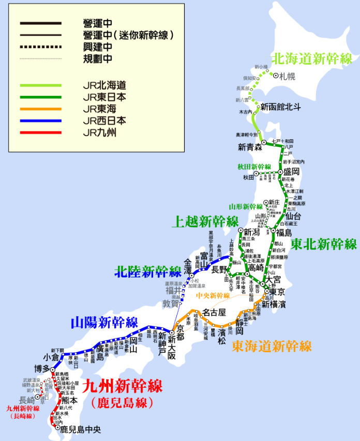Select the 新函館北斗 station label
coord(280,107)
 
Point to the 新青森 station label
coord(250,147)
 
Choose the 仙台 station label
coord(293,215)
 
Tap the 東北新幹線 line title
coord(324,244)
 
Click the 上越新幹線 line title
coord(205,222)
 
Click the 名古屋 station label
coord(214,312)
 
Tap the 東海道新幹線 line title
coord(272,346)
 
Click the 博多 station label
coord(42,369)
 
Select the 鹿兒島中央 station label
coord(80,429)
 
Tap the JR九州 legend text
coord(100,133)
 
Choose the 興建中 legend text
coord(97,47)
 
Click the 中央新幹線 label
coord(213,296)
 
